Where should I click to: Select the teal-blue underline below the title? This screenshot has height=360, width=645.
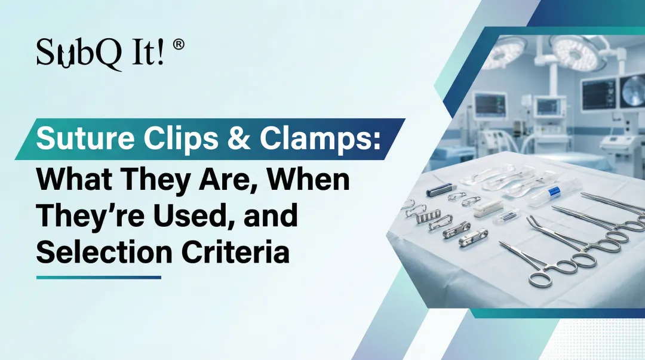click(99, 277)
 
